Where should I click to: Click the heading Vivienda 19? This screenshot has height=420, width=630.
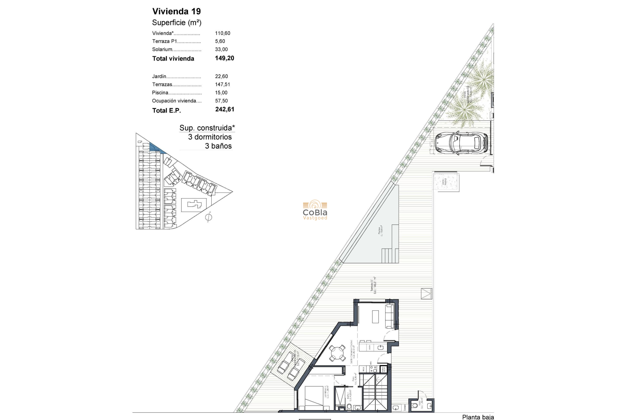177,11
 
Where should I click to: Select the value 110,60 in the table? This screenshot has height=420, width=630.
222,33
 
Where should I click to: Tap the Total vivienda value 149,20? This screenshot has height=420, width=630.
224,58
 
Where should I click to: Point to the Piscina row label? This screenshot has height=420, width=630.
160,93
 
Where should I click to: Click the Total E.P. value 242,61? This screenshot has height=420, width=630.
225,109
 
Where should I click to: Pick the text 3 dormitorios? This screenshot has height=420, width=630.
210,137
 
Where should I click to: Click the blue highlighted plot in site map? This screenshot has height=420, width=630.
156,147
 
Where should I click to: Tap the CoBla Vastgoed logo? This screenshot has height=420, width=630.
315,210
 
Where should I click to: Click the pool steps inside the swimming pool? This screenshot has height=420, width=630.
390,256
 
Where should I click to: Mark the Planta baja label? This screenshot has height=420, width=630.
478,417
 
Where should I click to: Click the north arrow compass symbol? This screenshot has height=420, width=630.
208,217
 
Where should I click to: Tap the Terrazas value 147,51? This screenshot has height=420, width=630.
222,84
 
